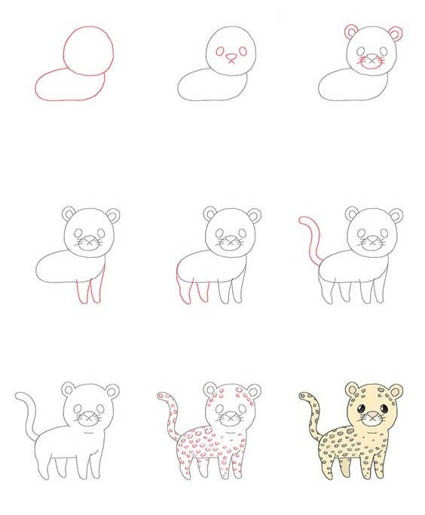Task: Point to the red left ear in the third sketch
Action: (x=352, y=32)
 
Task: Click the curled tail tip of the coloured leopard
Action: (x=302, y=395)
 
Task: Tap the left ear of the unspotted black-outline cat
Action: (x=69, y=391)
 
